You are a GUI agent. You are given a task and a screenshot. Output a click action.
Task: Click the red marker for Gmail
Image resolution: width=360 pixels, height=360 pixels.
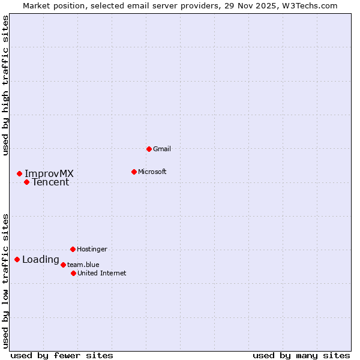click(149, 149)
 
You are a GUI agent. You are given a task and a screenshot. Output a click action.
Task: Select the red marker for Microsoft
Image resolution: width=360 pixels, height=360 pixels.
click(134, 172)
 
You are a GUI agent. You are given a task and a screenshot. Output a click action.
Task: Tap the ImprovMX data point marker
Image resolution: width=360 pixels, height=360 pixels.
click(19, 173)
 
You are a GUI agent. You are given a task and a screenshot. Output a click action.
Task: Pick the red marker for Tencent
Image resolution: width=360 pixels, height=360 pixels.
click(26, 182)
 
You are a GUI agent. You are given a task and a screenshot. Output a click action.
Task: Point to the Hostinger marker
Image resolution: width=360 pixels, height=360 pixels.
click(73, 249)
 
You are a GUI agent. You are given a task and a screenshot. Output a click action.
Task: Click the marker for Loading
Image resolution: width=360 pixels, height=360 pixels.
click(17, 259)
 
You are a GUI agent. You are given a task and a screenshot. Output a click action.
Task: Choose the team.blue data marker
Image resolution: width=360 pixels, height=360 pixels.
click(63, 265)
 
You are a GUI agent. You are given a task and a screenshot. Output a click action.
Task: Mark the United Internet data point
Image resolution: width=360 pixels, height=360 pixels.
click(73, 273)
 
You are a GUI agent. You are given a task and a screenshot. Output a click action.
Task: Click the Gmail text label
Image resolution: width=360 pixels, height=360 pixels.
click(162, 149)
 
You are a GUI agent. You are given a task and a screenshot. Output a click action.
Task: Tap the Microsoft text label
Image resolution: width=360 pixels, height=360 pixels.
click(152, 172)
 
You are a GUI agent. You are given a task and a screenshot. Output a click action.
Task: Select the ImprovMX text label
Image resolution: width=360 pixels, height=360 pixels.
click(49, 174)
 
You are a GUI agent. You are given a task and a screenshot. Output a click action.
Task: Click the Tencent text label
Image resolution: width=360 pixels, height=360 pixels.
click(50, 182)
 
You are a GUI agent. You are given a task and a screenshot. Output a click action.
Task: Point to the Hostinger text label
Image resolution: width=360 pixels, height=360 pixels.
click(92, 249)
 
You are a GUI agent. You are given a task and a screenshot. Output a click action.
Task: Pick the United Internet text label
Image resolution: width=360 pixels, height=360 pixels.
click(102, 273)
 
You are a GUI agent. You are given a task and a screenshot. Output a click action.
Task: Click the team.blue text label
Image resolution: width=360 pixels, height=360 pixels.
click(83, 265)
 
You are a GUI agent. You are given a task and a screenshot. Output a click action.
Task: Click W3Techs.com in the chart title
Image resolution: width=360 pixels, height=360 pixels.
click(310, 5)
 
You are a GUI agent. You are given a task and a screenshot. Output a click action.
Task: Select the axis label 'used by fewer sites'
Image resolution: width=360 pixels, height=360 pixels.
click(62, 356)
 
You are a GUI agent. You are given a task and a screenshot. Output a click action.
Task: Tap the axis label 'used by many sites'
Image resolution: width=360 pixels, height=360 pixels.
click(301, 356)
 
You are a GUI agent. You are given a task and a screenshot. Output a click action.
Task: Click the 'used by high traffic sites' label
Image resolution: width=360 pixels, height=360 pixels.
click(5, 85)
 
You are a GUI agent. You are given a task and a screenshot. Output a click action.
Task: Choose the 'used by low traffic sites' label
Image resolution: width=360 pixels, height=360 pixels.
click(5, 280)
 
